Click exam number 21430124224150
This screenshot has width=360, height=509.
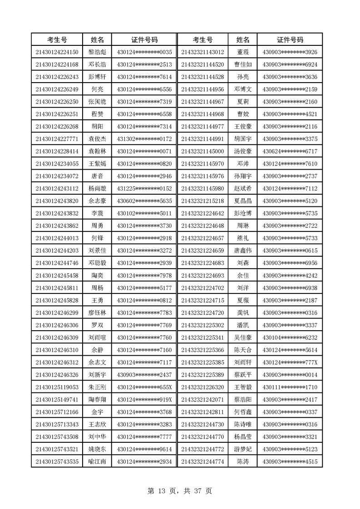[x=57, y=52]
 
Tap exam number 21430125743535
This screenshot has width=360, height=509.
[x=57, y=462]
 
